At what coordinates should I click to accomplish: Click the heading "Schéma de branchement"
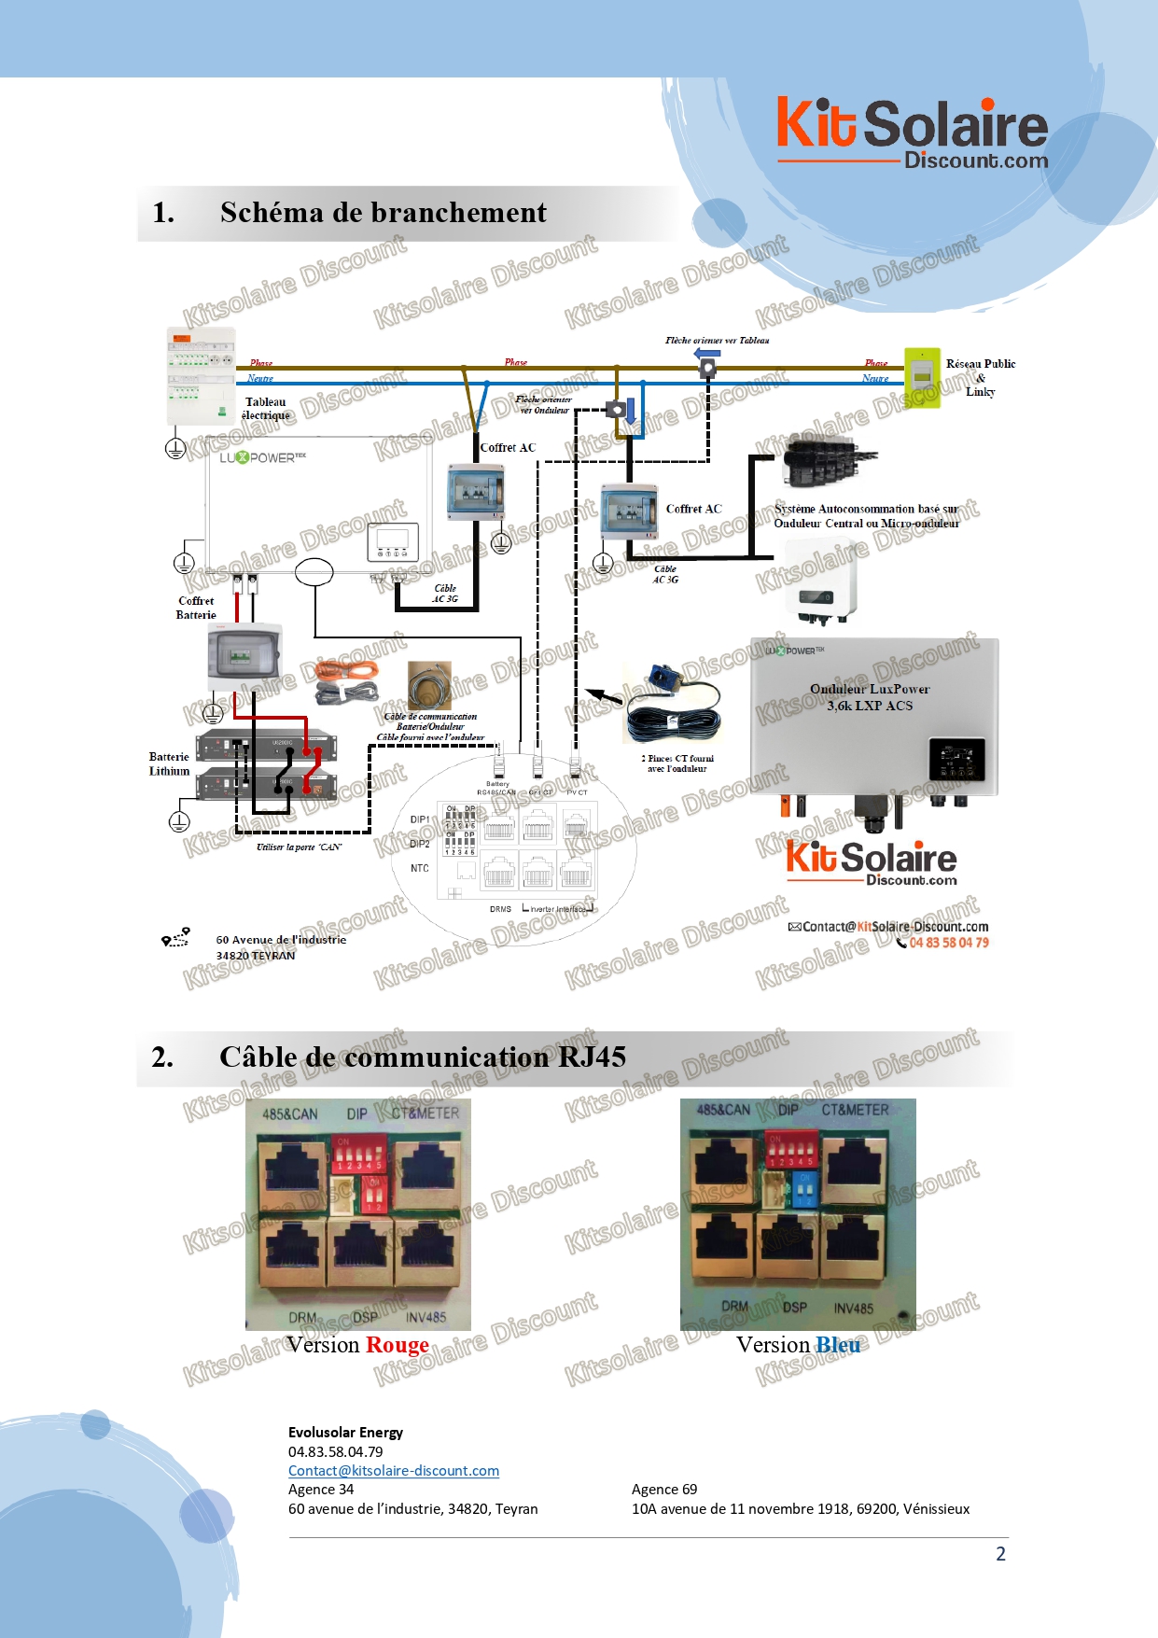point(383,213)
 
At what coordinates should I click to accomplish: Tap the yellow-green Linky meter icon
point(922,376)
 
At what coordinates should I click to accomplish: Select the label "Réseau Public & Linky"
point(980,377)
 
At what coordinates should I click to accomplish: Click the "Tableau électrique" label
point(266,409)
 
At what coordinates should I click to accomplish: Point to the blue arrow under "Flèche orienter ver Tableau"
point(707,354)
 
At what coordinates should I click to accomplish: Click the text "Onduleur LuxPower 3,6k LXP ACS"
point(870,697)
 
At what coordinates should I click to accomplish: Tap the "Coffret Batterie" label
point(196,608)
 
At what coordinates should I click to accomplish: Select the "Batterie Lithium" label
point(169,763)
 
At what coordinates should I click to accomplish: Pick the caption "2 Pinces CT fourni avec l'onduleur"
point(677,763)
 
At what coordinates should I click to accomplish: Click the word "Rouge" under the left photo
point(398,1345)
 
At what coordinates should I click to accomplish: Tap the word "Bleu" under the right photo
point(838,1345)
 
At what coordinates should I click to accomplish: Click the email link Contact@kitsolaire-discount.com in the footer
point(394,1471)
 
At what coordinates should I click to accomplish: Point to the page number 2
point(1000,1554)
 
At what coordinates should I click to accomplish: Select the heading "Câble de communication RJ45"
point(422,1057)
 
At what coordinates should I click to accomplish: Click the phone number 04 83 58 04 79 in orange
point(949,943)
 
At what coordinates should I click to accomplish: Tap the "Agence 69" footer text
point(664,1490)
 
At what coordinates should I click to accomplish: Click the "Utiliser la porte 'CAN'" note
point(299,847)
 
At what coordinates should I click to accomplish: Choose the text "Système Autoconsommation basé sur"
point(866,509)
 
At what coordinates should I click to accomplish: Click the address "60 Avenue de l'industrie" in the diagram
point(281,940)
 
